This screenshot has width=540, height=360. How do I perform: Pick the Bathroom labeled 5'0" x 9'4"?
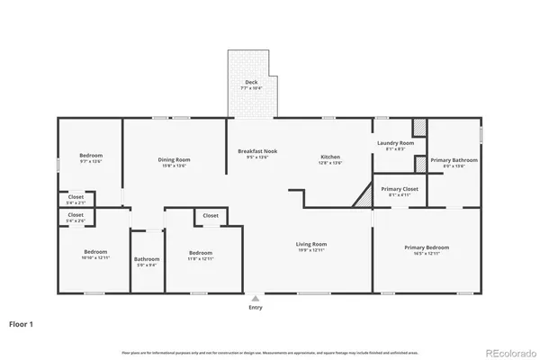pyautogui.click(x=146, y=263)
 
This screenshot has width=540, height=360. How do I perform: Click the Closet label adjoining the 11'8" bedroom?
pyautogui.click(x=210, y=216)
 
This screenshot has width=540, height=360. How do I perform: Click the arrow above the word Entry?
pyautogui.click(x=256, y=298)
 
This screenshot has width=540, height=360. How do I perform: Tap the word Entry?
pyautogui.click(x=256, y=309)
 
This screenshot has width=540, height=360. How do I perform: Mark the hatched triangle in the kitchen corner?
pyautogui.click(x=363, y=196)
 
